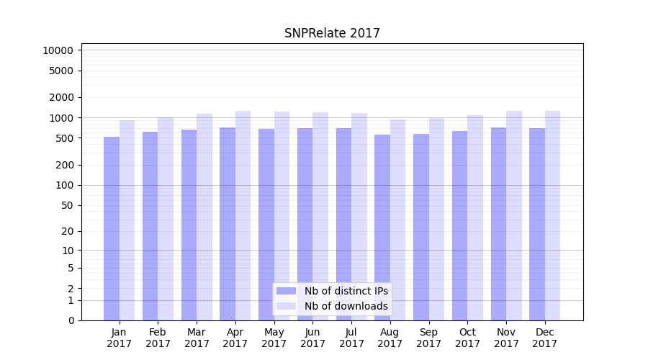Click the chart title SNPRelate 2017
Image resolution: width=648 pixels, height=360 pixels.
[x=332, y=33]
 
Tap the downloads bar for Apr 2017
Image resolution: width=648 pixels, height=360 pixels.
[x=243, y=215]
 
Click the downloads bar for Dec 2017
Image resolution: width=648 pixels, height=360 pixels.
[x=552, y=215]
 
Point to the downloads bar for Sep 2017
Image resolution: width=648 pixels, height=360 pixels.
[x=436, y=219]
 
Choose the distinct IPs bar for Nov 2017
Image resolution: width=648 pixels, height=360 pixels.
[x=498, y=224]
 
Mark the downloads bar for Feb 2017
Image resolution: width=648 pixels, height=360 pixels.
[x=166, y=219]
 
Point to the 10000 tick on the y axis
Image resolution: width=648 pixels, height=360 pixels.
[x=58, y=50]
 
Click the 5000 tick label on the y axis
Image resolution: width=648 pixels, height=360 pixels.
[x=61, y=71]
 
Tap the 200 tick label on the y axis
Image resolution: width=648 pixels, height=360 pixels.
[x=64, y=165]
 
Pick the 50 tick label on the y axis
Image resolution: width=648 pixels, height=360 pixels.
[x=67, y=205]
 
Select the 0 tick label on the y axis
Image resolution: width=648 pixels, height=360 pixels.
[x=71, y=320]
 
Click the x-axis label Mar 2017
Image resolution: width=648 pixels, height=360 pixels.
[x=197, y=338]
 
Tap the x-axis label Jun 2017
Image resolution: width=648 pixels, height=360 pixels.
[x=312, y=338]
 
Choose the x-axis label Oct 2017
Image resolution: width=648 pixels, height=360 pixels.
[x=467, y=338]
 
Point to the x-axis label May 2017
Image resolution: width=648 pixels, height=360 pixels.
[x=274, y=338]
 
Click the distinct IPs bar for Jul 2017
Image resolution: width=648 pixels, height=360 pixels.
[x=343, y=224]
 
